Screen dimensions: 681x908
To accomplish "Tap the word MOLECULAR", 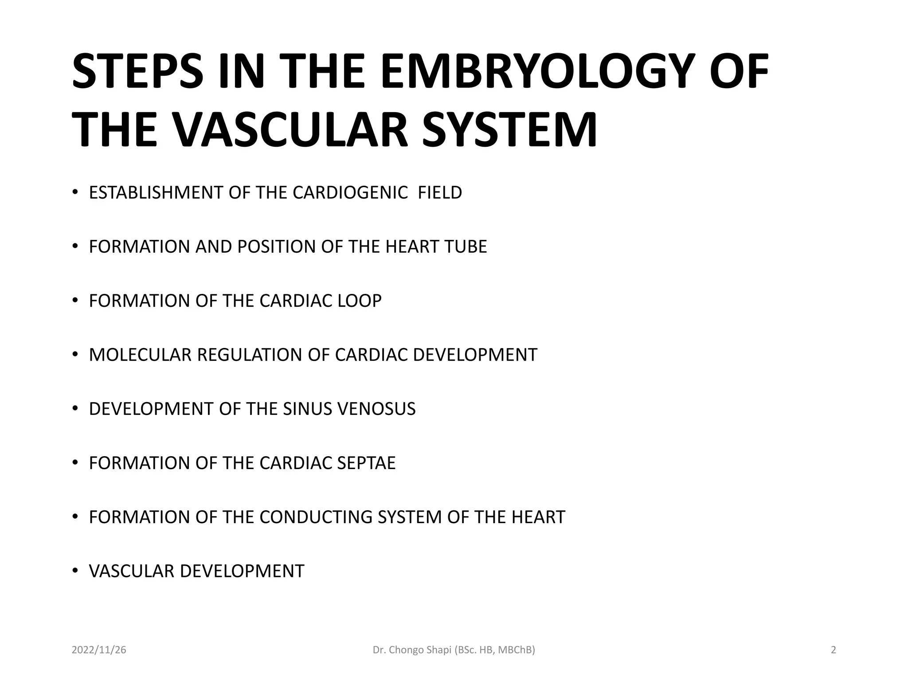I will coord(140,355).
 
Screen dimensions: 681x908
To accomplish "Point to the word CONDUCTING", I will coord(316,517).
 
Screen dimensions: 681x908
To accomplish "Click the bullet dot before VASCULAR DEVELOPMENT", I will coord(75,570).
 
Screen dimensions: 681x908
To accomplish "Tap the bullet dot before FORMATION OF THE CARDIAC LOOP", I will coord(75,300).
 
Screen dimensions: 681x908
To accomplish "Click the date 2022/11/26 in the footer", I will coord(99,650).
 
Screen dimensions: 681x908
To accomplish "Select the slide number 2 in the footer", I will coord(833,650).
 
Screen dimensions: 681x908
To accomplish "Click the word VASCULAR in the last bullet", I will coord(132,571).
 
